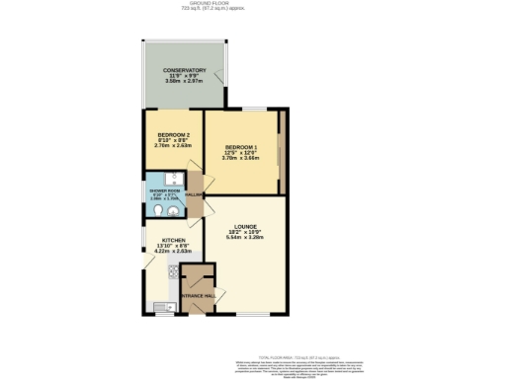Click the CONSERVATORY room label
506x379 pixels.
[184, 70]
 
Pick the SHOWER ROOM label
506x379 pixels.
[164, 189]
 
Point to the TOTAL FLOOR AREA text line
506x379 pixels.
[295, 356]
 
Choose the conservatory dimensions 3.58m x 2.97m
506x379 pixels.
[184, 83]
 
